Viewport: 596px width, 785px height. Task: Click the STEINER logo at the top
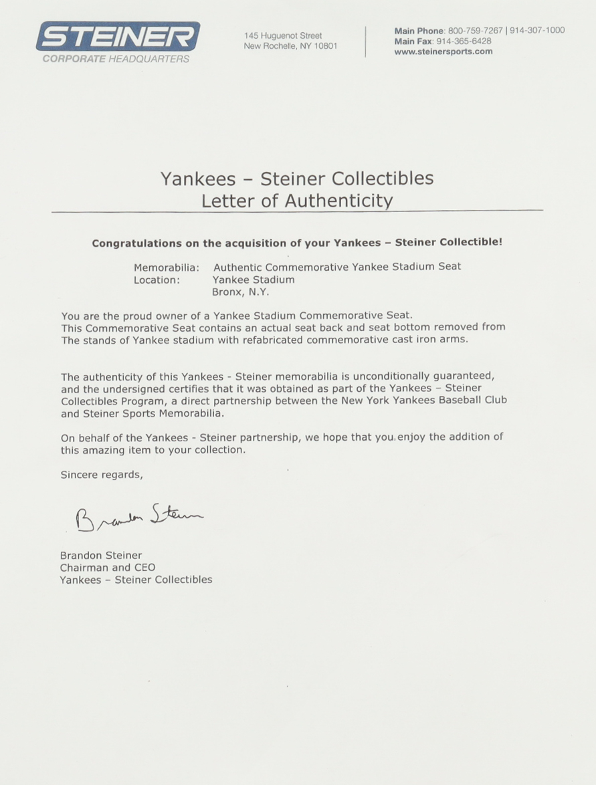118,36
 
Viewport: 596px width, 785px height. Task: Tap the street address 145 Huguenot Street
283,35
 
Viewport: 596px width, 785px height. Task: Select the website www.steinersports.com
443,52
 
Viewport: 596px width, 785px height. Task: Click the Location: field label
157,279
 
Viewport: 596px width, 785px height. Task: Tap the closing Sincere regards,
102,475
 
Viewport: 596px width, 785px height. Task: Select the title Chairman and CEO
108,567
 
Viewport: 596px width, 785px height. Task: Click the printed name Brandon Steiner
101,555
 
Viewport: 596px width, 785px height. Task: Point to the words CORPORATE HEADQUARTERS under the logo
116,59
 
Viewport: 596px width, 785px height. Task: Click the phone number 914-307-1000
537,30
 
